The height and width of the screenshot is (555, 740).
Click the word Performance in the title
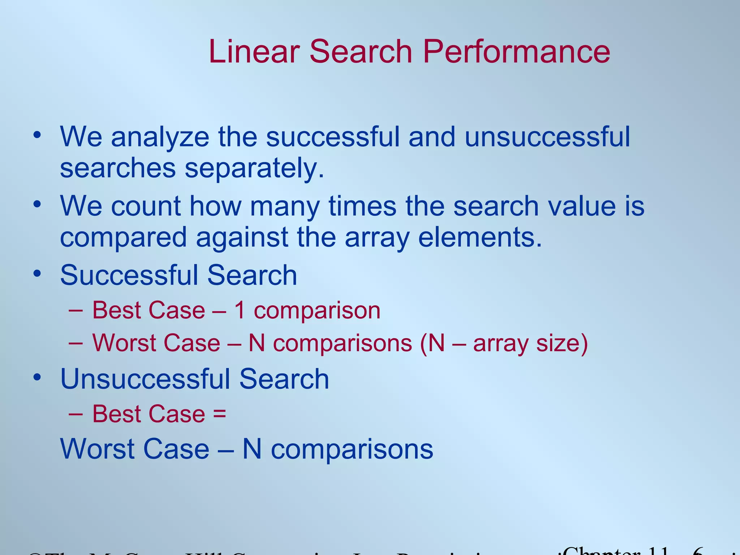[516, 52]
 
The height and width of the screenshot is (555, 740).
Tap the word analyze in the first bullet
[160, 137]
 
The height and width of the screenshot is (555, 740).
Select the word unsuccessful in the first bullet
[547, 137]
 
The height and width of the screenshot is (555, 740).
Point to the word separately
[254, 169]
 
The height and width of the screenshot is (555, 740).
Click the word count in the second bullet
[146, 206]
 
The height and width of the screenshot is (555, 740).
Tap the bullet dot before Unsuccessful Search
[37, 378]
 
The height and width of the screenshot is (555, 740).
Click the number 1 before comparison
[240, 310]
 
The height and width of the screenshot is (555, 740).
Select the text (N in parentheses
[432, 343]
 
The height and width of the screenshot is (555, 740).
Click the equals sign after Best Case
[220, 414]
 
